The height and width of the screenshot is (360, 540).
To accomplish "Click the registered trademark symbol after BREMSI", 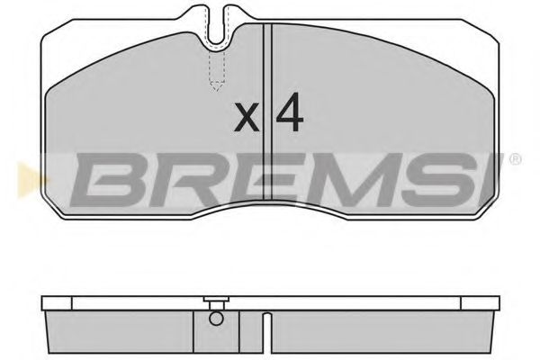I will coord(515,159).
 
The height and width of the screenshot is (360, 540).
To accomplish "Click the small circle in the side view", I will coord(214,316).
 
